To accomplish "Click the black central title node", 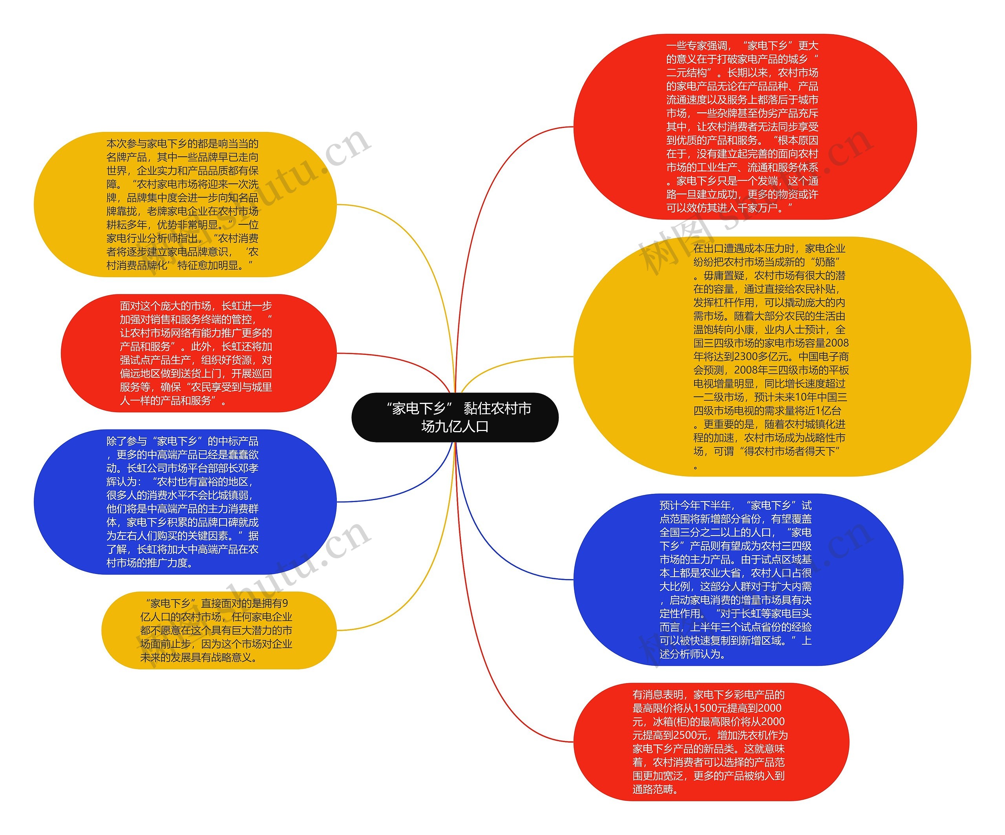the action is click(455, 417).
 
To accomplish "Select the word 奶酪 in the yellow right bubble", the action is click(824, 262).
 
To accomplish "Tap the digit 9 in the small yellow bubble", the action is click(285, 603).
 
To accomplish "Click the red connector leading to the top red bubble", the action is click(493, 201).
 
